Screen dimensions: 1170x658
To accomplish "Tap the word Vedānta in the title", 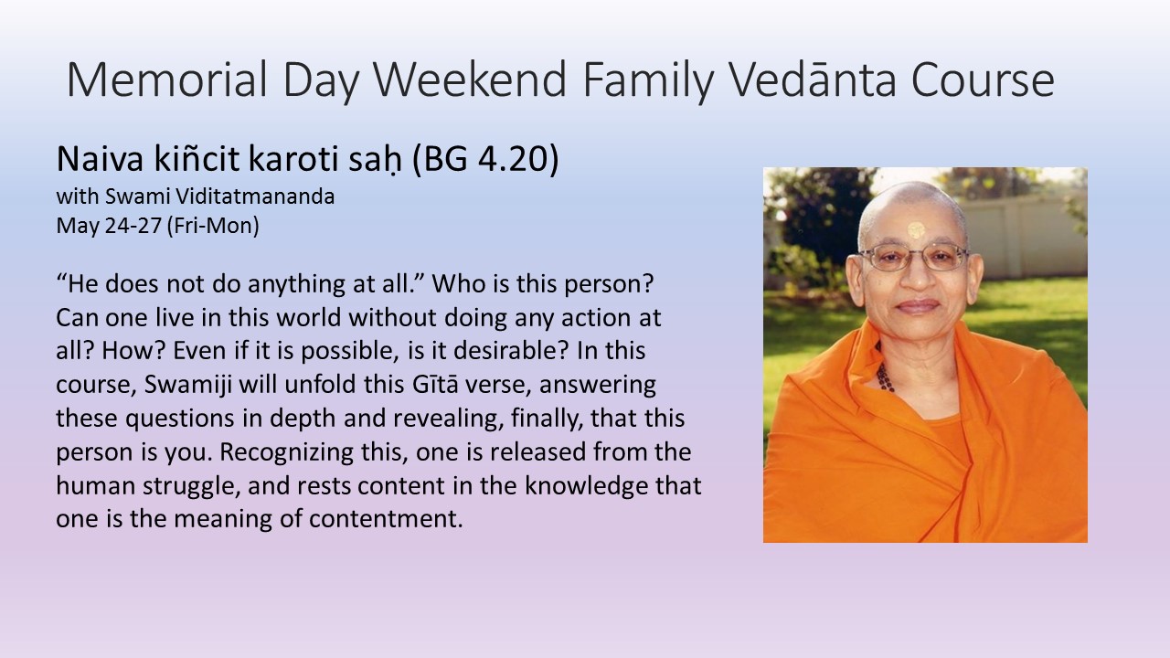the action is click(x=813, y=80).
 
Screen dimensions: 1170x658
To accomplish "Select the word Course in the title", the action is click(x=983, y=80).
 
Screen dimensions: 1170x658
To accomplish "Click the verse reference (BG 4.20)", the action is click(x=485, y=159).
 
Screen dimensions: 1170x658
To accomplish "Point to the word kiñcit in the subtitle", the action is click(x=197, y=159).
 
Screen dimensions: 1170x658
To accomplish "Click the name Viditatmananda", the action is click(x=255, y=196).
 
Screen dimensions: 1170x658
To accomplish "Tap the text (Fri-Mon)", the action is click(x=213, y=226).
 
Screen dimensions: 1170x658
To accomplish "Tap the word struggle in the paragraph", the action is click(x=191, y=486).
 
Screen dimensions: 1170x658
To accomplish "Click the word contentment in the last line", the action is click(x=386, y=520).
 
